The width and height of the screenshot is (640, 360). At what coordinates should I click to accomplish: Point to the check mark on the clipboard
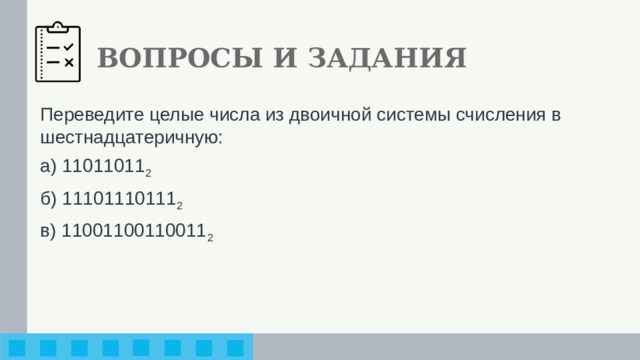[x=69, y=46]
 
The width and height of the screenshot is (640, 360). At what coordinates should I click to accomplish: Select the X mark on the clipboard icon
[x=69, y=62]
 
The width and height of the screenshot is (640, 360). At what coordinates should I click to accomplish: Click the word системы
[x=415, y=114]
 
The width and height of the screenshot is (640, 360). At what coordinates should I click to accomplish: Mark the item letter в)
[x=49, y=230]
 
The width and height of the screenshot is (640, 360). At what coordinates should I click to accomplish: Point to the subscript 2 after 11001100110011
[x=209, y=236]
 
